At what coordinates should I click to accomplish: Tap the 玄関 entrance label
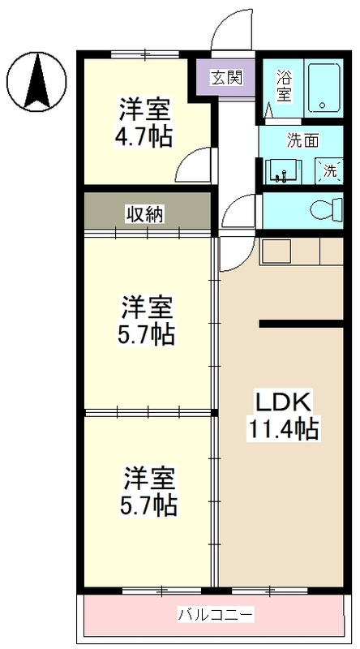click(x=225, y=79)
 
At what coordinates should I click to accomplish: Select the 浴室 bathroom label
click(x=284, y=86)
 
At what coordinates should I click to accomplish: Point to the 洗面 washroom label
click(x=303, y=140)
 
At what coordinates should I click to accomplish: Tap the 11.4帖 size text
click(x=284, y=428)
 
